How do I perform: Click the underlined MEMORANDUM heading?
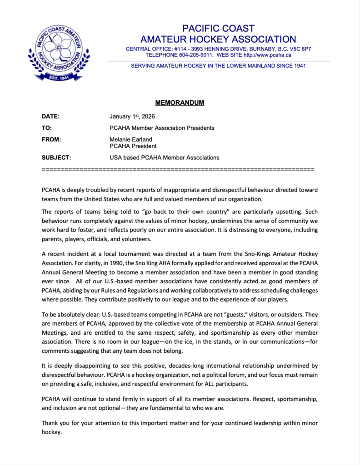[180, 103]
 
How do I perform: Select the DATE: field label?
[51, 116]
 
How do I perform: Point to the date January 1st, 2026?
[132, 116]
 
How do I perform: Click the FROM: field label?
[51, 140]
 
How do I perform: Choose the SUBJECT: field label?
[56, 158]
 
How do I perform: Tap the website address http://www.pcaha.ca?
[267, 55]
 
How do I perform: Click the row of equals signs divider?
[178, 169]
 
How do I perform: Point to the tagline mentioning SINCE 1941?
[218, 65]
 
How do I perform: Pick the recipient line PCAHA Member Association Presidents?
[162, 128]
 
